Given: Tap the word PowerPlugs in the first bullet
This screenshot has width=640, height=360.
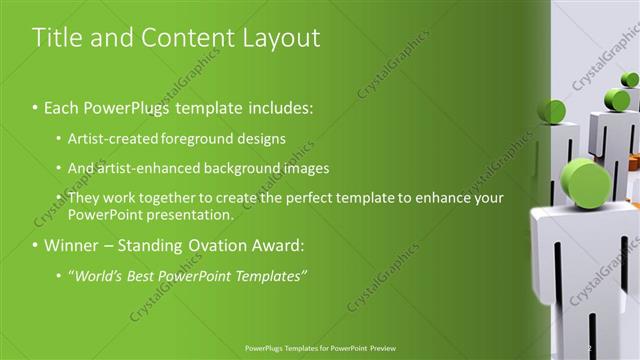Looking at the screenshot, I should [x=128, y=105].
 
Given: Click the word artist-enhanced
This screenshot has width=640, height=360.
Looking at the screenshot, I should [x=157, y=168].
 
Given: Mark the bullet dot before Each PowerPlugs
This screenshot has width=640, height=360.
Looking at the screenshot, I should [x=36, y=106].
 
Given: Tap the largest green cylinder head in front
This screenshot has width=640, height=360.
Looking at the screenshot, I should [x=586, y=181].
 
